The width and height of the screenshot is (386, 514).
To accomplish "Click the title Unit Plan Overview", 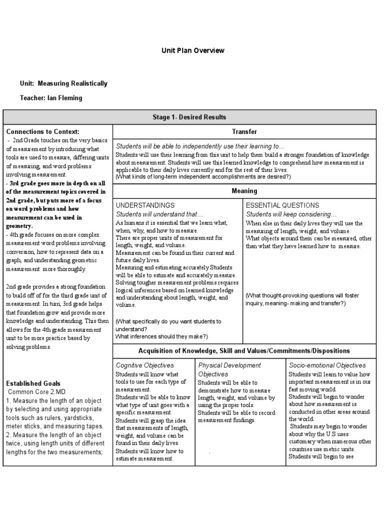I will point(192,51).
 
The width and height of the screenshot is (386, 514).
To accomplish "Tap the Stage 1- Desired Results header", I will point(189,117).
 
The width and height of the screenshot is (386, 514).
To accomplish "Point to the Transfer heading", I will point(244,132).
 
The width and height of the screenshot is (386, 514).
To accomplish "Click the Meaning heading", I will point(244,191).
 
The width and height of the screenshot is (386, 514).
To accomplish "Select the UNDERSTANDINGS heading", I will point(145,205).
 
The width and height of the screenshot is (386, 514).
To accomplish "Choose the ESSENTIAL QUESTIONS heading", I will point(282,205).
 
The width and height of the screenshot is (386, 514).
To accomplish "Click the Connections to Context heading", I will point(43,132).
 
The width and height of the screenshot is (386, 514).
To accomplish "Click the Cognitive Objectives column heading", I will point(145,365).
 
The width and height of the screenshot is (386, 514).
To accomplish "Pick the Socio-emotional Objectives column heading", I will point(327,365).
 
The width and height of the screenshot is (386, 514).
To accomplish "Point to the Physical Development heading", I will point(229,365).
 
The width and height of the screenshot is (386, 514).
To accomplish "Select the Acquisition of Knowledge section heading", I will point(244,351).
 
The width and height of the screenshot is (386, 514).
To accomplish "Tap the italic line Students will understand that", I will point(159,214).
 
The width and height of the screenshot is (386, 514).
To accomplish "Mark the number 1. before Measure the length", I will point(9,400).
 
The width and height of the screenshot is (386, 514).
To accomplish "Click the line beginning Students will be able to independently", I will point(200,146).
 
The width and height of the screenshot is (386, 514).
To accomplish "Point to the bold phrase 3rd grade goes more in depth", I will point(56,183).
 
